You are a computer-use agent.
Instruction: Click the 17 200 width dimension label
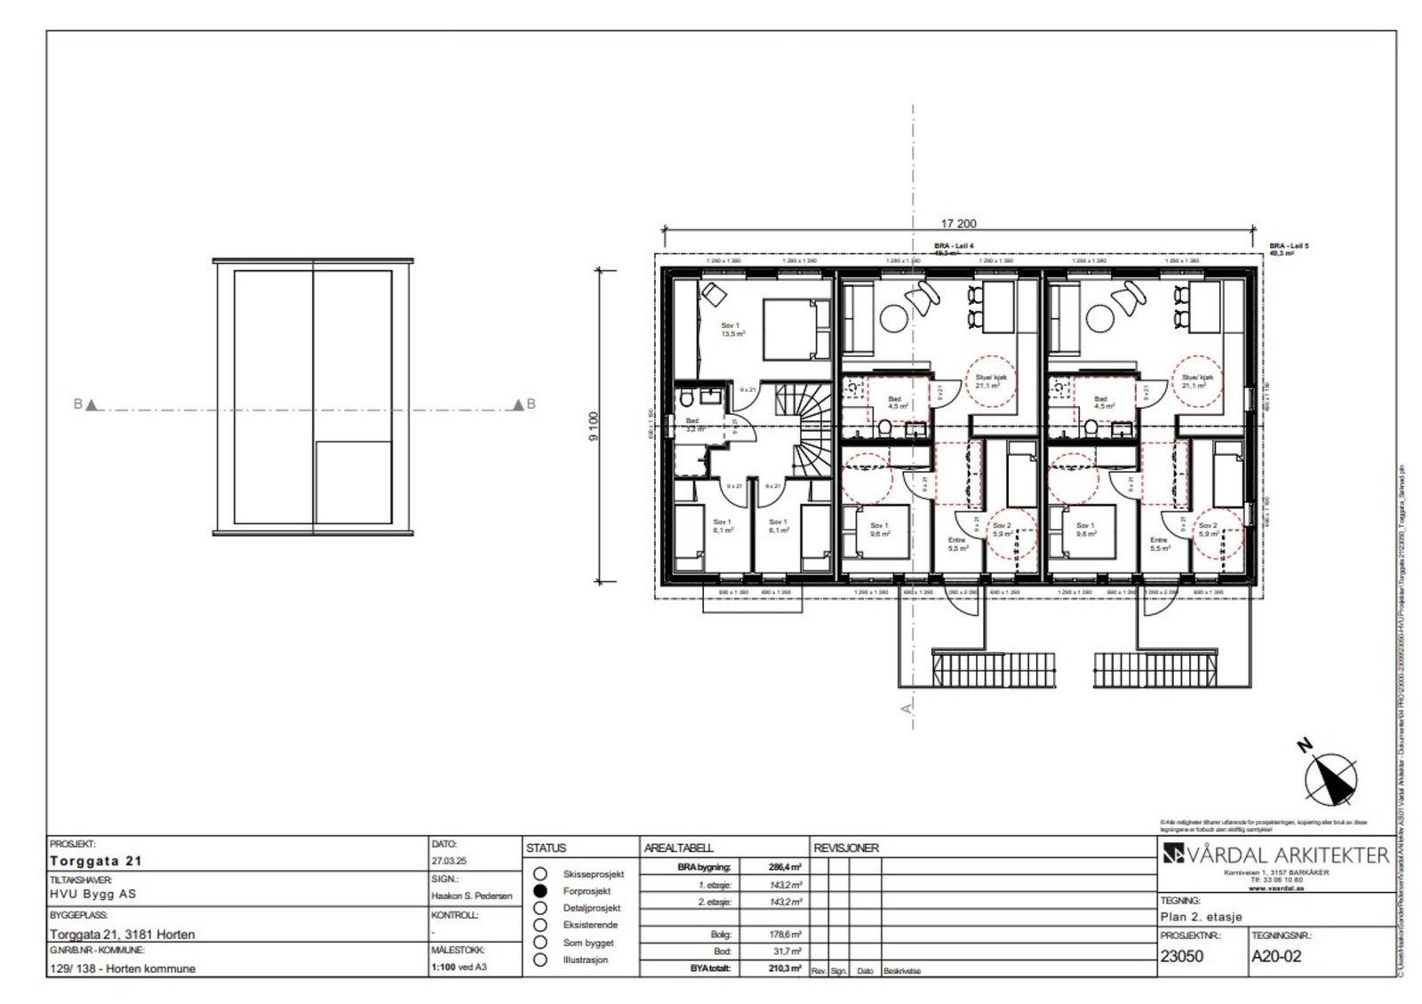958,224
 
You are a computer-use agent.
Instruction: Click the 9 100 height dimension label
594,426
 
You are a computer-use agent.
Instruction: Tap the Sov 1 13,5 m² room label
732,330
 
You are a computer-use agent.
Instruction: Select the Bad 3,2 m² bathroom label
693,425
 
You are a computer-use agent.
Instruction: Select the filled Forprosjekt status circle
539,890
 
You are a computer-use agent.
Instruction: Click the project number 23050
1182,956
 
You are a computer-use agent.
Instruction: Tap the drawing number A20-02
1276,956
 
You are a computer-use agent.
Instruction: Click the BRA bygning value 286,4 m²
785,867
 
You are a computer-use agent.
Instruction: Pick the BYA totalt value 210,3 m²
785,968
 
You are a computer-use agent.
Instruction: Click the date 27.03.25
449,861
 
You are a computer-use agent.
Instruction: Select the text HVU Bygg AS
93,894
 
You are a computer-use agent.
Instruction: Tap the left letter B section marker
78,404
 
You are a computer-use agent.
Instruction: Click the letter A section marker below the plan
907,708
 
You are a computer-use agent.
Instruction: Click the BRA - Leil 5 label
1289,245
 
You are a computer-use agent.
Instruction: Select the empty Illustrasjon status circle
539,960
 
